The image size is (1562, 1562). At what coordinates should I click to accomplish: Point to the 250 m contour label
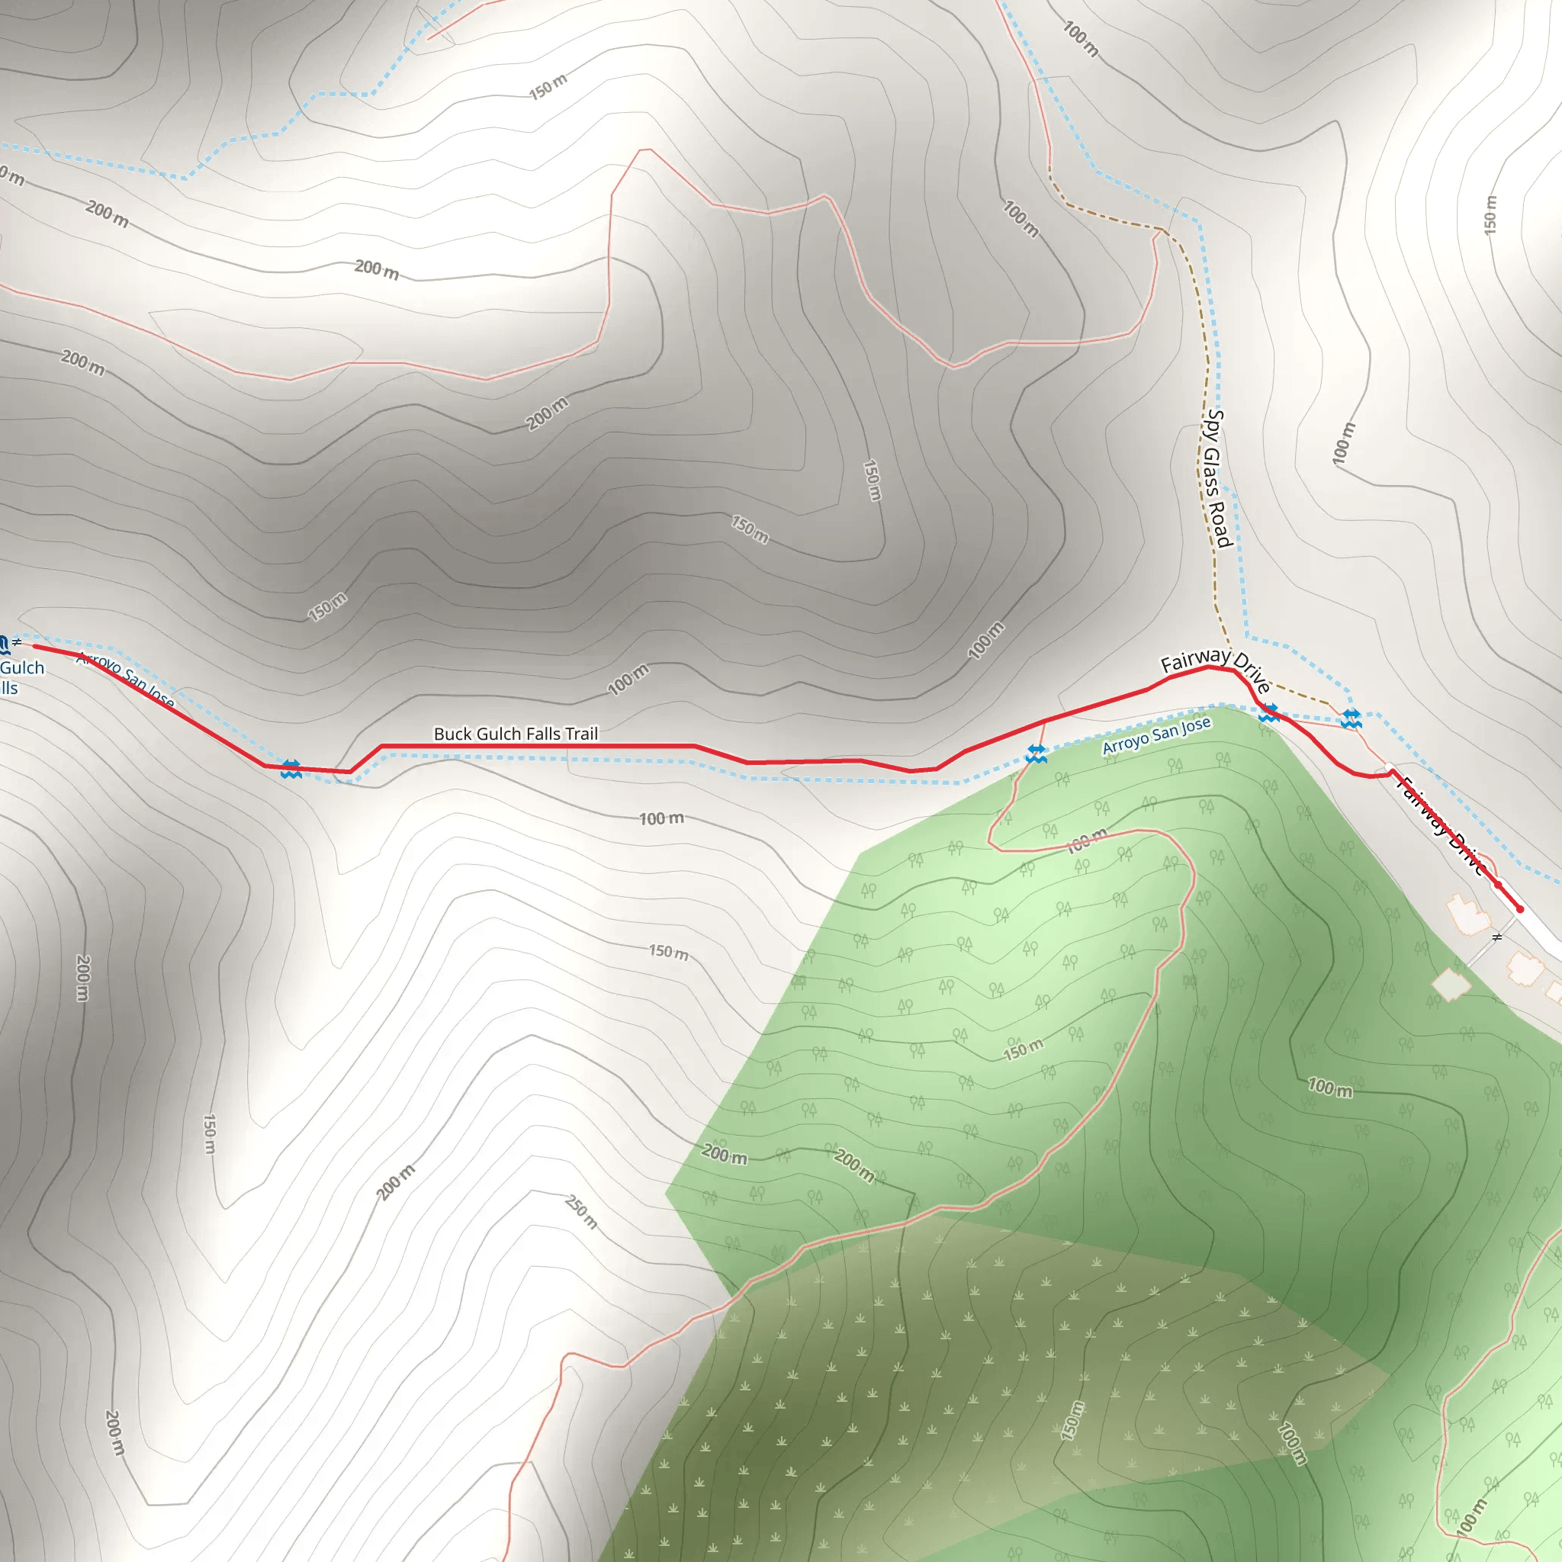tap(581, 1212)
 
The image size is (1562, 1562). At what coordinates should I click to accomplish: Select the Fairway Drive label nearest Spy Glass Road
tap(1214, 670)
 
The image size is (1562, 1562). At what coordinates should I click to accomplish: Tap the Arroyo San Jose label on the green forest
tap(1157, 735)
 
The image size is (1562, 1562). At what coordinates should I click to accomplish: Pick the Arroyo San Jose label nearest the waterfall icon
tap(125, 680)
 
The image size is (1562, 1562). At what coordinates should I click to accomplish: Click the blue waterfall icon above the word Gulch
tap(3, 644)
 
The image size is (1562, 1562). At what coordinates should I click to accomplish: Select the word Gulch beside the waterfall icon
tap(22, 668)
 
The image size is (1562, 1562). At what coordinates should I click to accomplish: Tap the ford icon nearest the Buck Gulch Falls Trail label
tap(291, 769)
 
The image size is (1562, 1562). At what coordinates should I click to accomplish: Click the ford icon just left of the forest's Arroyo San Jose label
tap(1036, 754)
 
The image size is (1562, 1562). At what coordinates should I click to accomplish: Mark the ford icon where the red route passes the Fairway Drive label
tap(1268, 713)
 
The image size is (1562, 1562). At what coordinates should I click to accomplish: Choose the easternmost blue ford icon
tap(1351, 718)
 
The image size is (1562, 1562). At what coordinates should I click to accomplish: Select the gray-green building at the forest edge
tap(1451, 985)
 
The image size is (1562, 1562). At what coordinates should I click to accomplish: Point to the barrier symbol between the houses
tap(1496, 938)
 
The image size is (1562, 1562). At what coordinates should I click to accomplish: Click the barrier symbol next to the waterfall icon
tap(17, 642)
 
